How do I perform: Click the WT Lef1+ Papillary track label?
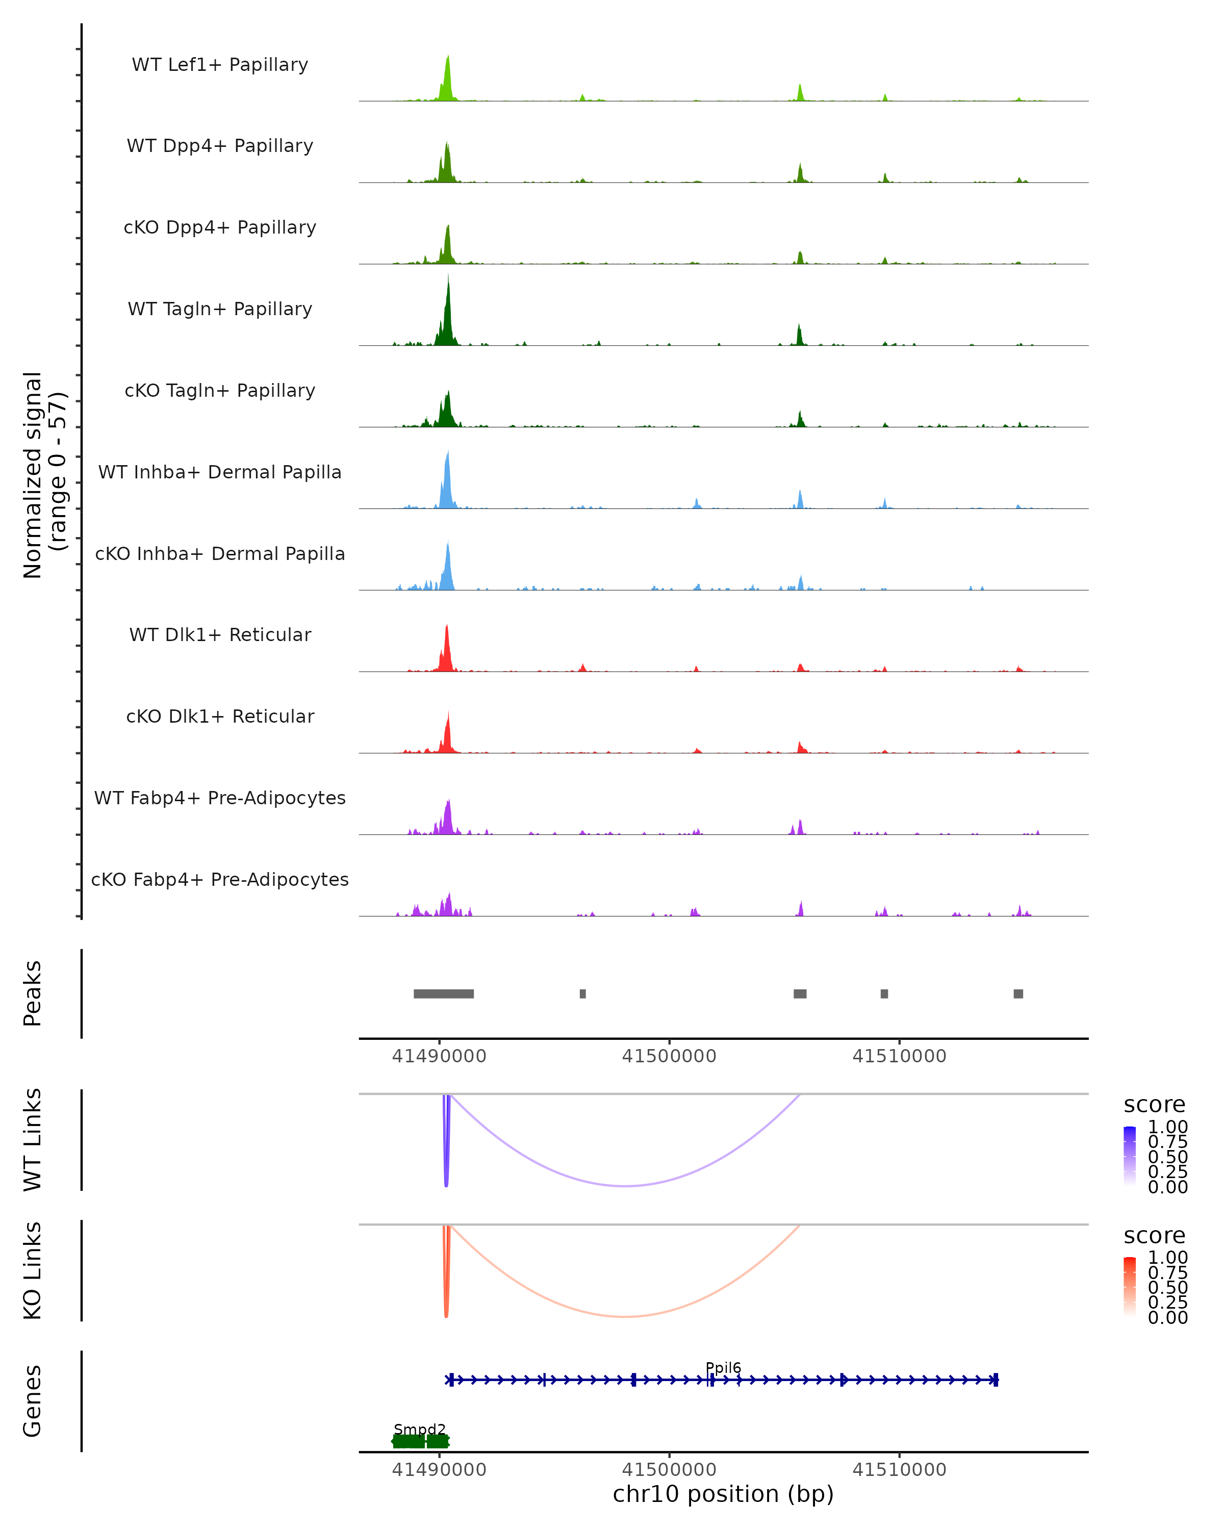[220, 65]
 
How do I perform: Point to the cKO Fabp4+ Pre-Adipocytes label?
[220, 879]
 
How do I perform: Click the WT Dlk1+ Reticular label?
[220, 634]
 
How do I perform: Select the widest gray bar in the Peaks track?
[444, 993]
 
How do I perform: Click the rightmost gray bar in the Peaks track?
[1018, 993]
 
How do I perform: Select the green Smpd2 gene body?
[420, 1441]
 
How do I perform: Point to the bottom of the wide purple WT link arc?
[624, 1186]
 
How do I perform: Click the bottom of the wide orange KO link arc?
[624, 1316]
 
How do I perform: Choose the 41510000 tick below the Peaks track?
[899, 1056]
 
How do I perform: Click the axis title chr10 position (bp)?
[723, 1494]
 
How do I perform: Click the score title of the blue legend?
[1154, 1105]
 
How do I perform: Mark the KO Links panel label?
[33, 1270]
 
